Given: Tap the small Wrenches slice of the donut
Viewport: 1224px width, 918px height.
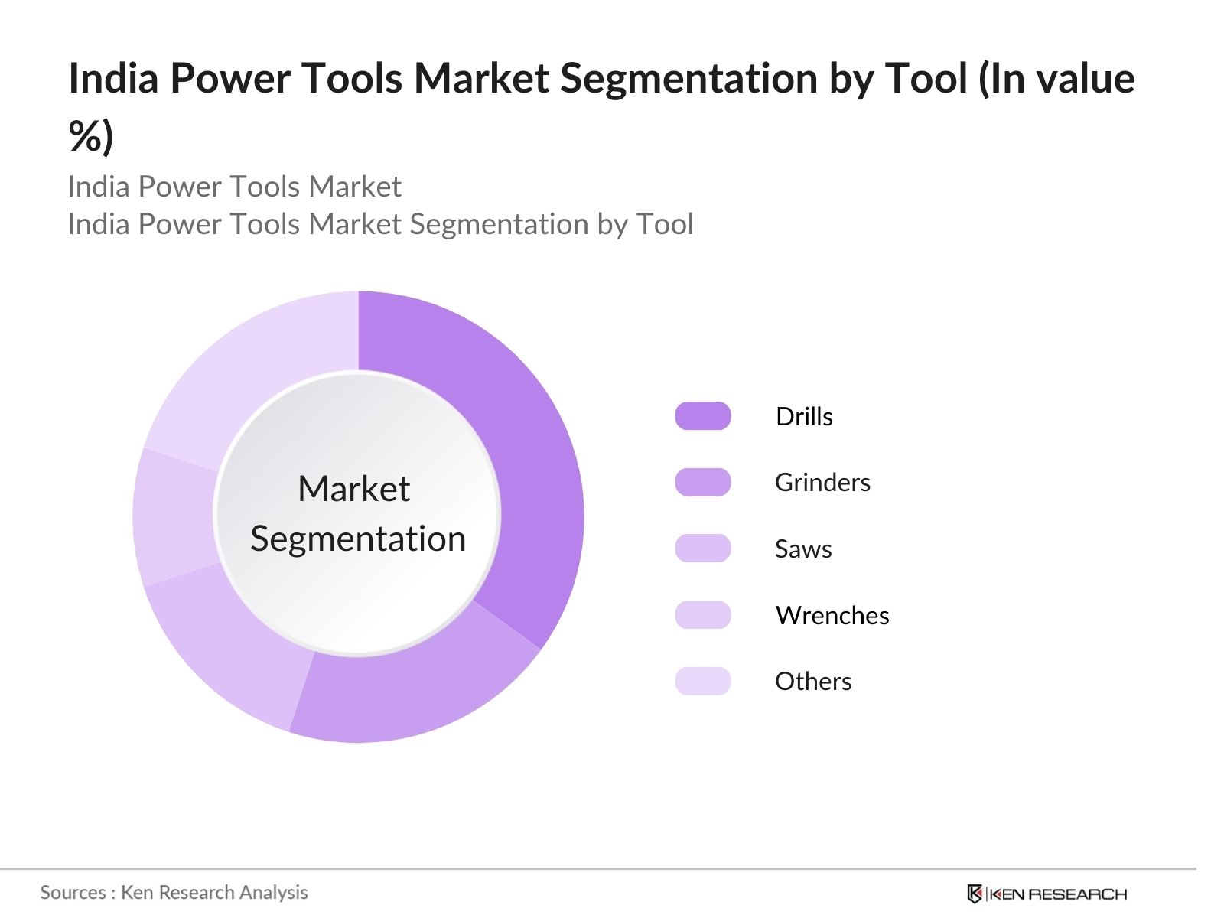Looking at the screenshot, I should coord(174,516).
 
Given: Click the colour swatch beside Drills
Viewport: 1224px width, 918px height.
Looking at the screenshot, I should coord(702,416).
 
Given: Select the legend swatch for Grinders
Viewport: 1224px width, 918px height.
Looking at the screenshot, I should coord(702,482).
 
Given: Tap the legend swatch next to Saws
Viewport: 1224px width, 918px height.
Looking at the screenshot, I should coord(702,549).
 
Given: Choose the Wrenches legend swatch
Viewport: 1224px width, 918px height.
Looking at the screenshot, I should coord(702,615).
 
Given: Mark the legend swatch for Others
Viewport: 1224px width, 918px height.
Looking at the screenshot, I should coord(702,681).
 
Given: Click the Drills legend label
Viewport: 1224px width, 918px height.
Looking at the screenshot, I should coord(804,416).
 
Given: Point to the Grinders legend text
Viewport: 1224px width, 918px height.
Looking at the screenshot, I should coord(822,482).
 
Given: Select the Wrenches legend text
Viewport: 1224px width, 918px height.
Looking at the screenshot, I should coord(832,615).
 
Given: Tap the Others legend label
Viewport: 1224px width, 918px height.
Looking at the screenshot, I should coord(813,681).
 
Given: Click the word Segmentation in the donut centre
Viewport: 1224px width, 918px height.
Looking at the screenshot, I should coord(358,539).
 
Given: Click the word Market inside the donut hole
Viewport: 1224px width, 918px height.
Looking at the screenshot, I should coord(353,489).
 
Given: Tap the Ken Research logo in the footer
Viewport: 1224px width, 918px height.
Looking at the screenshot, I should coord(1047,894).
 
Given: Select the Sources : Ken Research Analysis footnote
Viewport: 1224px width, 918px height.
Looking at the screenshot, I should coord(174,892).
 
